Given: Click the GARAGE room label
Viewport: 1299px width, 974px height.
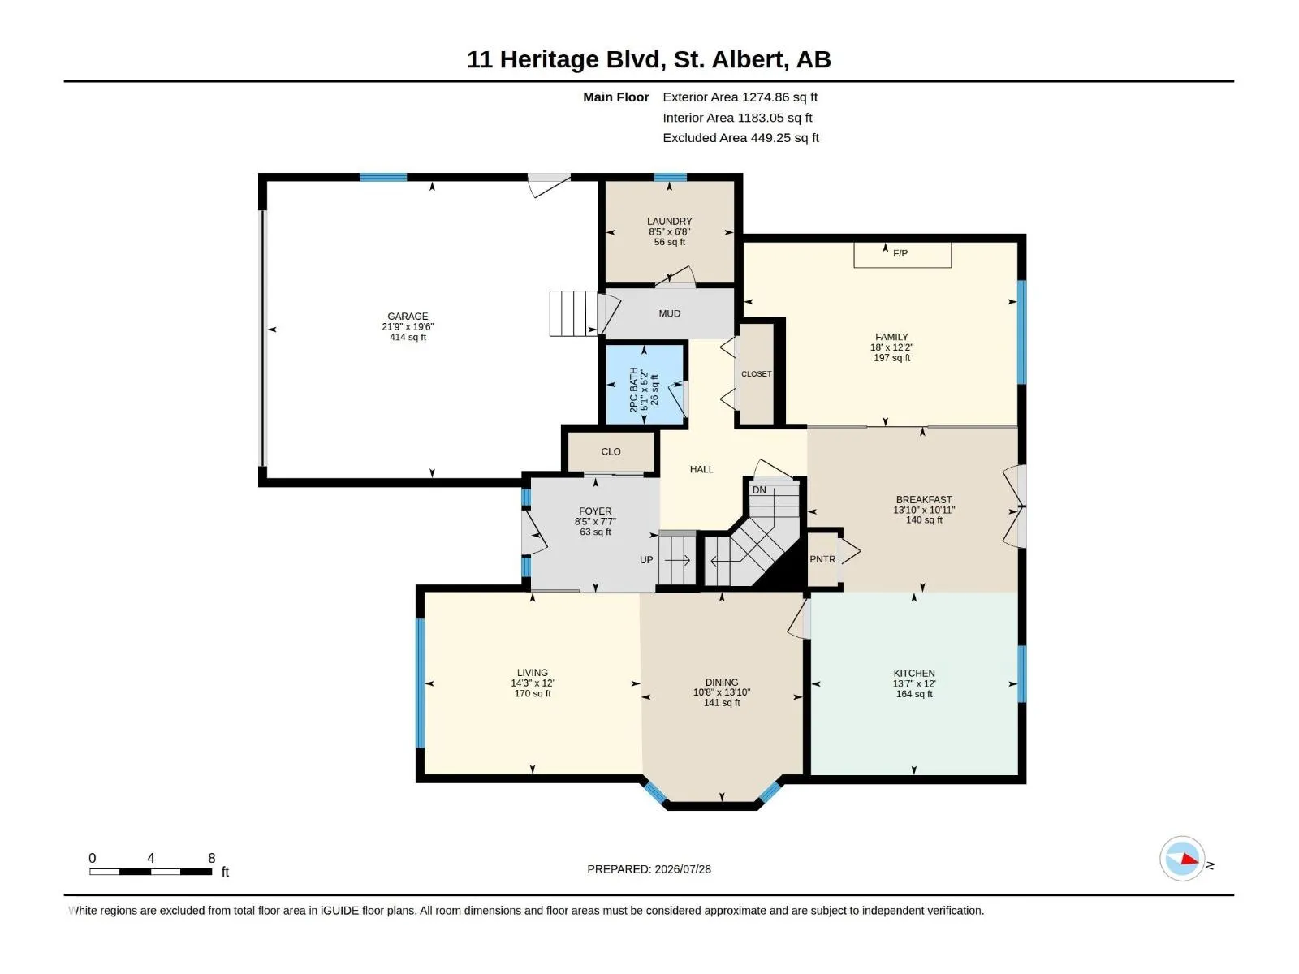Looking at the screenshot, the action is pyautogui.click(x=408, y=317).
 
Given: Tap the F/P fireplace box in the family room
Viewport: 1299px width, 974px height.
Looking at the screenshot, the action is pyautogui.click(x=902, y=254).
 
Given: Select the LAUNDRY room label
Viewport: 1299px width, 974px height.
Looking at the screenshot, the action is pyautogui.click(x=669, y=221).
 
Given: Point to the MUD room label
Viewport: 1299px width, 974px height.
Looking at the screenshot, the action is pyautogui.click(x=669, y=313).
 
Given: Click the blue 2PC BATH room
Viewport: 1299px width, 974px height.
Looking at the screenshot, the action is pyautogui.click(x=644, y=385).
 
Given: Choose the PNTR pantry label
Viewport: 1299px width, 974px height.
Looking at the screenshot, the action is pyautogui.click(x=822, y=559).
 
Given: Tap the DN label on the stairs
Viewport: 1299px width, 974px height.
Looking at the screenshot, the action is pyautogui.click(x=758, y=490).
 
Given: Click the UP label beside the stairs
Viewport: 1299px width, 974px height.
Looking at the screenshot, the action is pyautogui.click(x=646, y=559).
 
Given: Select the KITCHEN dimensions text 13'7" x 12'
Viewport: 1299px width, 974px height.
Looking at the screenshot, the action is pyautogui.click(x=913, y=683).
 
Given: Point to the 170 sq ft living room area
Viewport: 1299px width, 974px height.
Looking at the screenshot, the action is pyautogui.click(x=532, y=694).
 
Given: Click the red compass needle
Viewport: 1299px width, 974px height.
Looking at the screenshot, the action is pyautogui.click(x=1189, y=859).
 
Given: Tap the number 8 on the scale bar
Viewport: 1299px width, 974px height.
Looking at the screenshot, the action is pyautogui.click(x=211, y=858).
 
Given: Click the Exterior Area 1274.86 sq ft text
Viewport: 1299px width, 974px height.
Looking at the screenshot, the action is pyautogui.click(x=740, y=97).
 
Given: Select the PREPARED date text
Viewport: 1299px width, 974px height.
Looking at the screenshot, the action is pyautogui.click(x=649, y=869).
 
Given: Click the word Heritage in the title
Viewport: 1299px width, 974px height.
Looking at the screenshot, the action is pyautogui.click(x=549, y=60).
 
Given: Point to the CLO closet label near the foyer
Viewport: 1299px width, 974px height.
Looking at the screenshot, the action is pyautogui.click(x=611, y=452).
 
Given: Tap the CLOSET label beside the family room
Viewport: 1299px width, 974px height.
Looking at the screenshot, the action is pyautogui.click(x=757, y=373).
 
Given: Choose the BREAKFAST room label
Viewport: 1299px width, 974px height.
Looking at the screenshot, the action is pyautogui.click(x=924, y=500).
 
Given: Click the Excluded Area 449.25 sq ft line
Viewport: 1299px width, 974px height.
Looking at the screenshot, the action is pyautogui.click(x=740, y=138).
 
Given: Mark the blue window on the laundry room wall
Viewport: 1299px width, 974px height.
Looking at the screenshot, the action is pyautogui.click(x=670, y=177).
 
